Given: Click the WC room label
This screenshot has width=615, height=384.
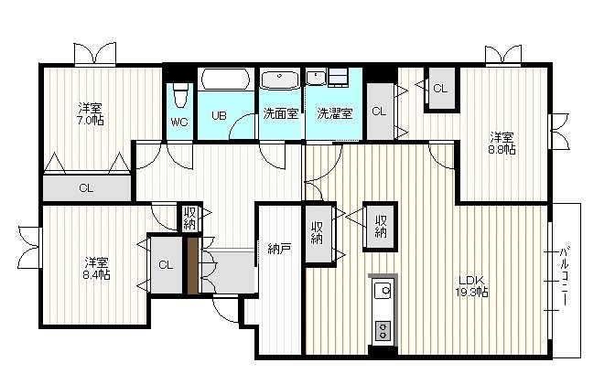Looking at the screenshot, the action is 179,123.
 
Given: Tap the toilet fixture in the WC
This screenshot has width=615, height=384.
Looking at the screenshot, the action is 180,95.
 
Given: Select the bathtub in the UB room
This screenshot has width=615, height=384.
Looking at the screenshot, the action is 225,80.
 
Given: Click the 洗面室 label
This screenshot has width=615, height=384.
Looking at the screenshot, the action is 281,113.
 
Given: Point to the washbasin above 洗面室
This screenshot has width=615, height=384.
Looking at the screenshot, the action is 280,80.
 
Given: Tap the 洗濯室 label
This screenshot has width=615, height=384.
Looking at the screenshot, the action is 335,113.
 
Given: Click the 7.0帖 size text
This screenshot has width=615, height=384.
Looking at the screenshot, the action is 91,120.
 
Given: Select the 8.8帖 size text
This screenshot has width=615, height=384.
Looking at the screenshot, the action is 502,149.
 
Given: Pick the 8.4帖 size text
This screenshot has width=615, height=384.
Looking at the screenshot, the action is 96,274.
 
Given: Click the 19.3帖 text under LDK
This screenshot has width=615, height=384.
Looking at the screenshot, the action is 471,292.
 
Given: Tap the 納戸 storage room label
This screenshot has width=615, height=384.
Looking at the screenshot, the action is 279,249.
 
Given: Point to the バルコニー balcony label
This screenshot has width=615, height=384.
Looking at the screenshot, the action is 565,276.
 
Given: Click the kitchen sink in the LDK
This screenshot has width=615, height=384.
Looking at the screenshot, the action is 383,290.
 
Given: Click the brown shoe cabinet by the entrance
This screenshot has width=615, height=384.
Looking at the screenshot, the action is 192,266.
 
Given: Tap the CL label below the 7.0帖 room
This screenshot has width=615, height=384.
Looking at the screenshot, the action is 86,188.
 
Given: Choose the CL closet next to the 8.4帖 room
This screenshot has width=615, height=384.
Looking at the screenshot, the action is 167,265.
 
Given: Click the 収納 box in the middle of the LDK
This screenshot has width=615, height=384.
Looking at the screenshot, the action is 380,227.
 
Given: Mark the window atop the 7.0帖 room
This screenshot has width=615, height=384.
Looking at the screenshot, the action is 95,54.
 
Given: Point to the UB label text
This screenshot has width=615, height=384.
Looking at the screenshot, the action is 219,115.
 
